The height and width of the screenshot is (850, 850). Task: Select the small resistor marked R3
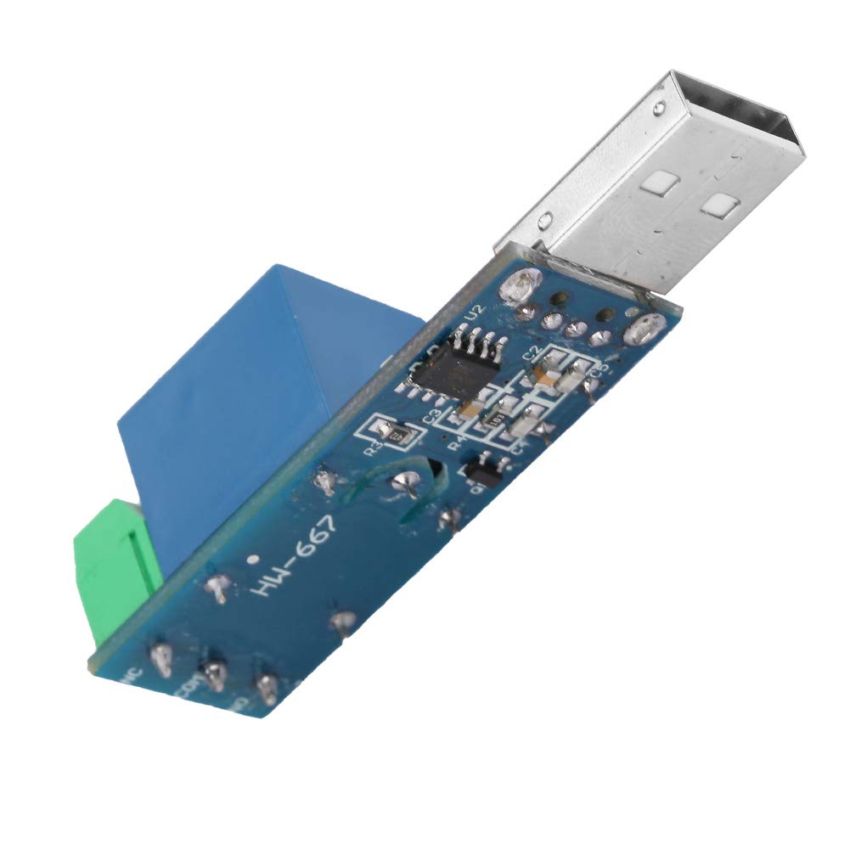[x=395, y=434]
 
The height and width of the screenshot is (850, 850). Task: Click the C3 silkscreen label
[x=431, y=416]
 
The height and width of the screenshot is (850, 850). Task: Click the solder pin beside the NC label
[x=160, y=658]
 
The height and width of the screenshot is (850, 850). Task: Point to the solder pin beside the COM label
[x=211, y=675]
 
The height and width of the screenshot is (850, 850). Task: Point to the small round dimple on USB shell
[x=659, y=109]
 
